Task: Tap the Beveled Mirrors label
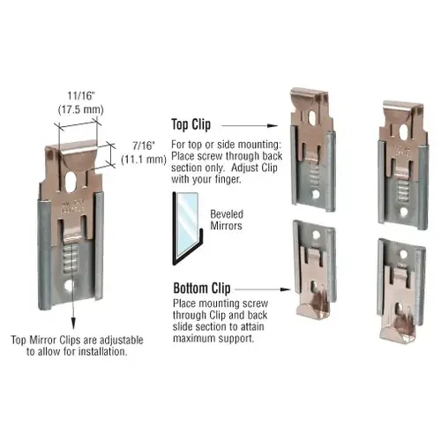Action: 231,220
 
